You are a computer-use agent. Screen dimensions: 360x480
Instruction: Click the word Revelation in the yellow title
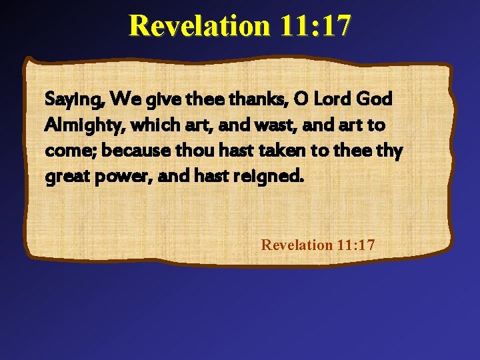click(x=199, y=26)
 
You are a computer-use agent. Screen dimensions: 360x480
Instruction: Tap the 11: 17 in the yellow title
click(x=315, y=26)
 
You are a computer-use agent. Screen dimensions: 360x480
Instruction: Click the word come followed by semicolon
click(x=68, y=151)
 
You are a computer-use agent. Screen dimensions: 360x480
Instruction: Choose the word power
click(x=116, y=177)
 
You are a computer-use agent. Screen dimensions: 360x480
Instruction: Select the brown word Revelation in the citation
click(x=297, y=245)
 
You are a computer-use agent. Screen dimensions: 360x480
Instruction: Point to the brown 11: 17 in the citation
click(x=355, y=245)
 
